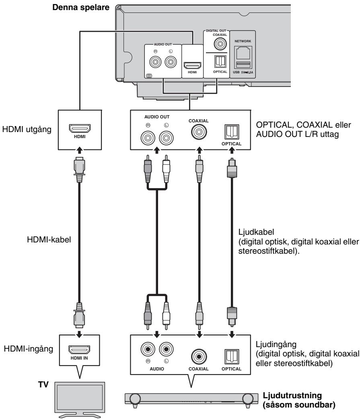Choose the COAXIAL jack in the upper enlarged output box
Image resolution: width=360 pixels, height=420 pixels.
tap(197, 132)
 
